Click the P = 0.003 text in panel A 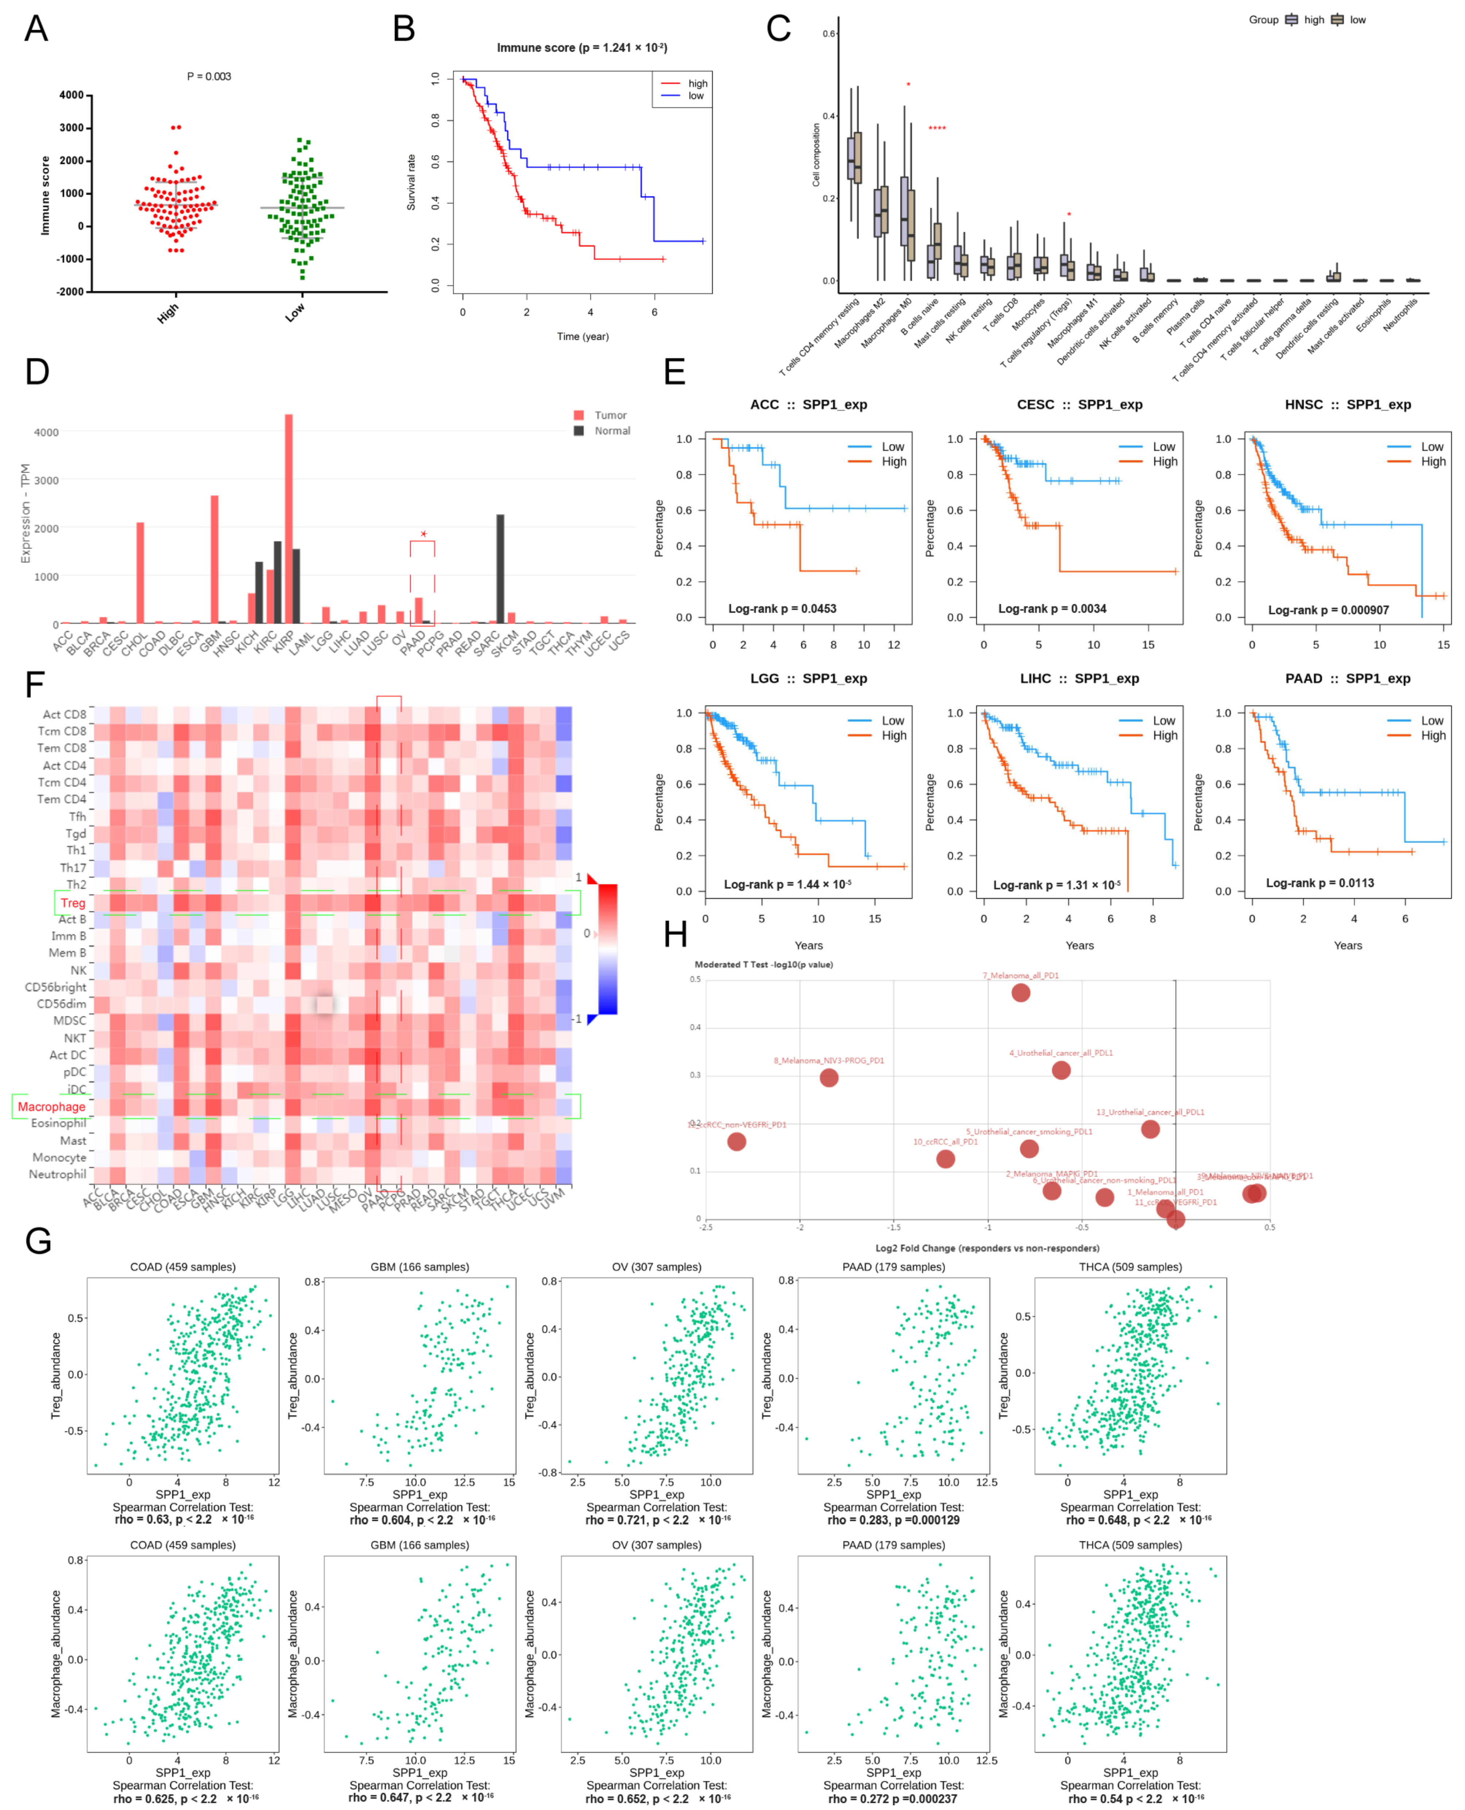tap(208, 77)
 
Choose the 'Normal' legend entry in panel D tap(612, 431)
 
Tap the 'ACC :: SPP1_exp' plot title tap(808, 405)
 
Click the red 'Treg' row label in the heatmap tap(73, 903)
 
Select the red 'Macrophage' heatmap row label tap(51, 1106)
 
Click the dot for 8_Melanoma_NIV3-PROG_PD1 tap(829, 1078)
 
